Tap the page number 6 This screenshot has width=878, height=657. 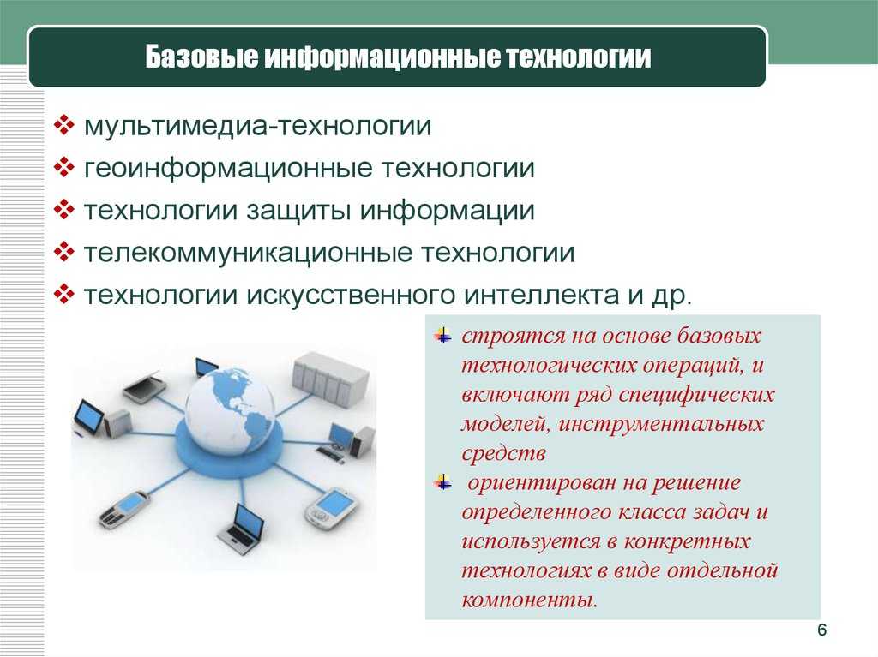pyautogui.click(x=821, y=630)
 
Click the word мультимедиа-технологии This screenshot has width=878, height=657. pyautogui.click(x=257, y=126)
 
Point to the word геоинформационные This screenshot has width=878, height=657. pyautogui.click(x=228, y=169)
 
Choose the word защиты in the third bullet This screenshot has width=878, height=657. pyautogui.click(x=298, y=212)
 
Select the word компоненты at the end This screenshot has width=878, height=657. pyautogui.click(x=530, y=600)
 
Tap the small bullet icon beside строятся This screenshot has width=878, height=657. pyautogui.click(x=442, y=335)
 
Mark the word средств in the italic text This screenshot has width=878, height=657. pyautogui.click(x=503, y=453)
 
